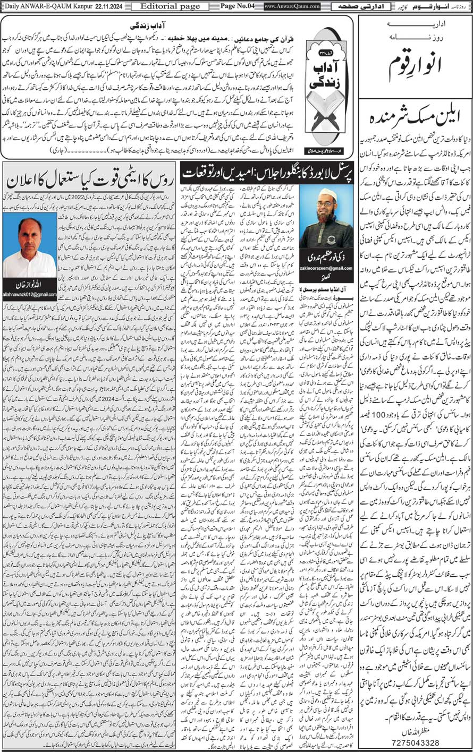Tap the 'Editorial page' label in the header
159,6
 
